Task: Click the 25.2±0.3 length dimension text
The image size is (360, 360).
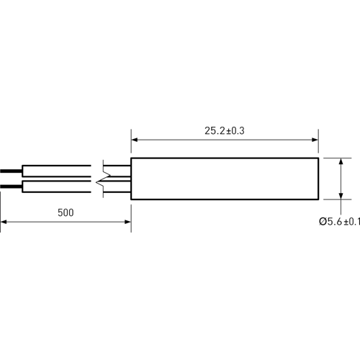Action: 225,131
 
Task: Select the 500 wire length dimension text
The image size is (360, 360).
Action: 66,212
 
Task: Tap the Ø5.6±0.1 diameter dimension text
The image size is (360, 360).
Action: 339,222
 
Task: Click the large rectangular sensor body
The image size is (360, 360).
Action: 225,179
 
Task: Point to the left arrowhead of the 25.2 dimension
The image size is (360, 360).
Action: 135,140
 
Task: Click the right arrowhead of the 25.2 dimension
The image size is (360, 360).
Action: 315,140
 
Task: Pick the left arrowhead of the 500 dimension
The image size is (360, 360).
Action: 4,222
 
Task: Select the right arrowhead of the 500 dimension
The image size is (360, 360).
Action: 127,222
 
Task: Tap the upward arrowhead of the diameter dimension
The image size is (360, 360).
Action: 341,161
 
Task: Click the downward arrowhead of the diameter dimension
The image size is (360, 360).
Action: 341,196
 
